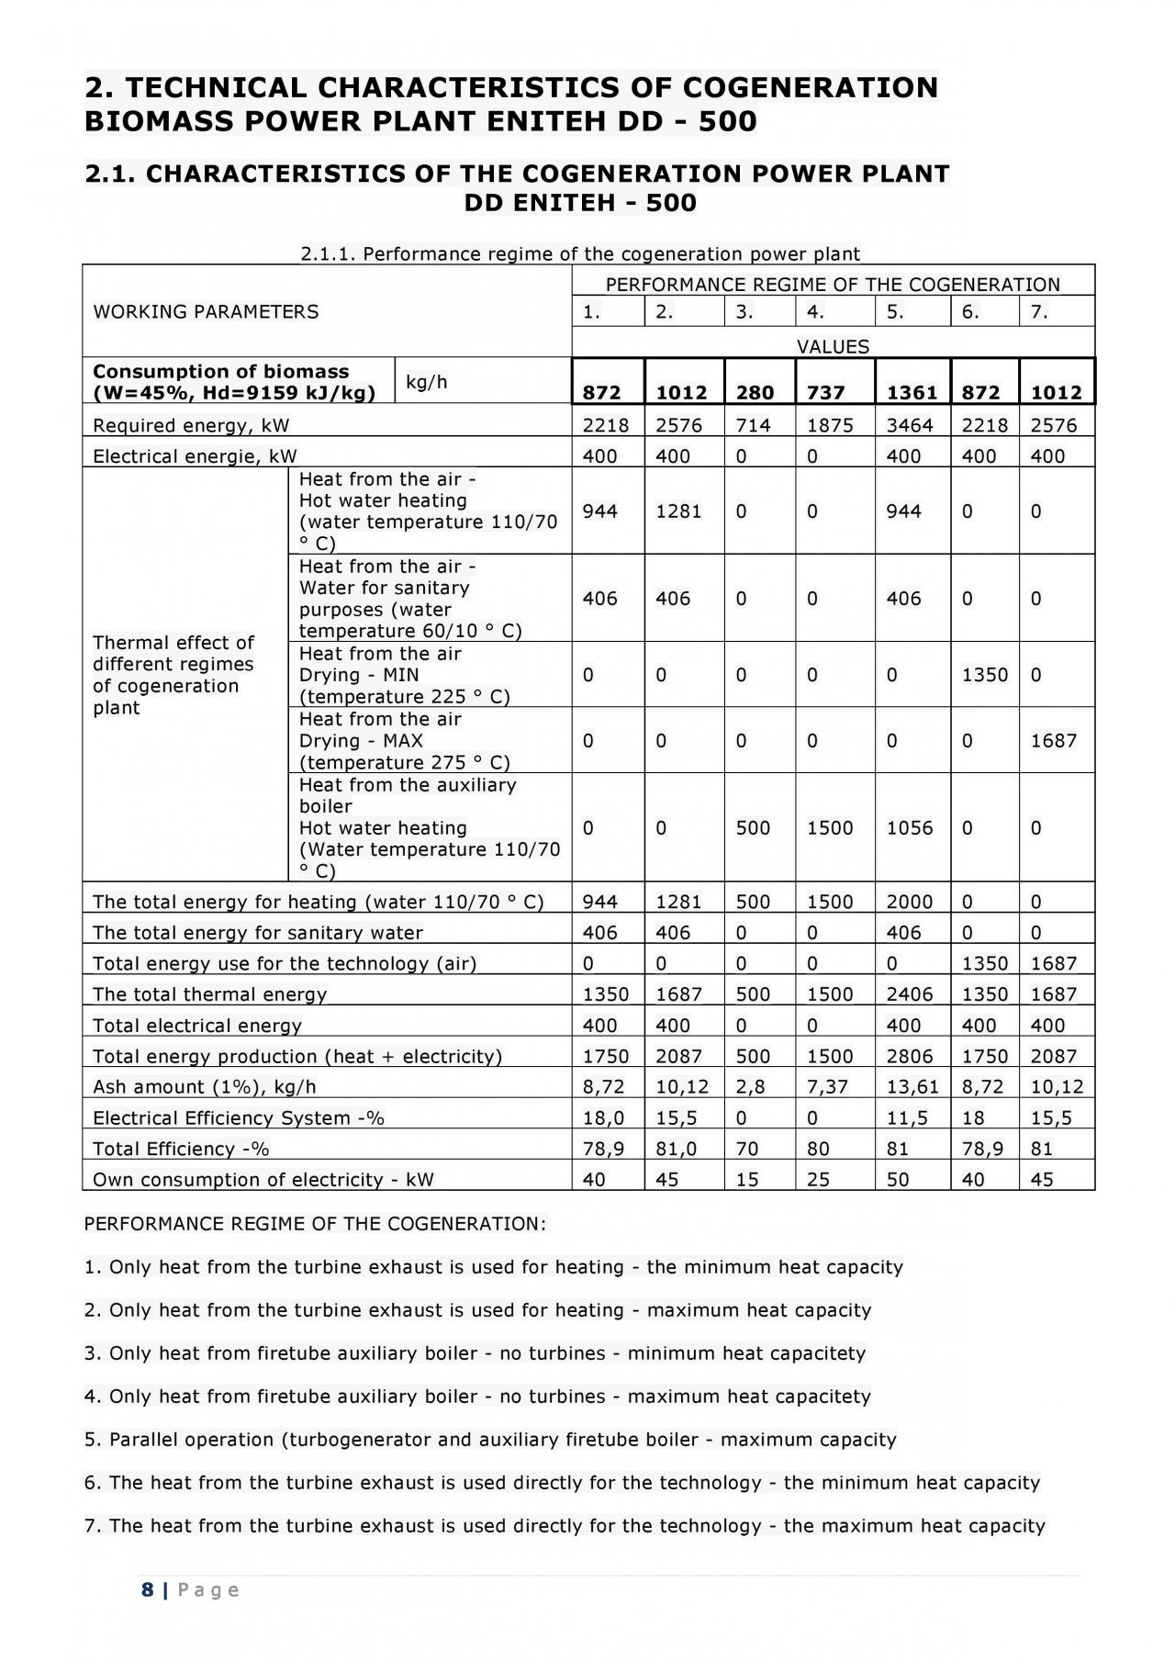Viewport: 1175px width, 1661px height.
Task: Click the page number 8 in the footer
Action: pyautogui.click(x=148, y=1589)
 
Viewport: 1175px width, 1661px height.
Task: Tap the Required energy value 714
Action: pyautogui.click(x=753, y=425)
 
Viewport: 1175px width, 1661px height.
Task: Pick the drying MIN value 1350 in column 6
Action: pyautogui.click(x=984, y=675)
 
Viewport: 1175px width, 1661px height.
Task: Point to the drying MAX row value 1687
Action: pyautogui.click(x=1054, y=740)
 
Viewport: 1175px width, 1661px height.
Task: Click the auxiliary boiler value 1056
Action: pyautogui.click(x=910, y=827)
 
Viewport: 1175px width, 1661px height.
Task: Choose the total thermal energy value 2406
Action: pyautogui.click(x=910, y=994)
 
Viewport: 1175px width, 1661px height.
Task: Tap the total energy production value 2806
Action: pyautogui.click(x=910, y=1056)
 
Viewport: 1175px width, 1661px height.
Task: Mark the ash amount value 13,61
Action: pyautogui.click(x=912, y=1087)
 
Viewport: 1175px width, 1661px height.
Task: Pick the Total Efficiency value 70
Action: pyautogui.click(x=747, y=1149)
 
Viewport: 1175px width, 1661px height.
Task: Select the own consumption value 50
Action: pyautogui.click(x=898, y=1180)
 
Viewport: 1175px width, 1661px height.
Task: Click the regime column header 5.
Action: pyautogui.click(x=895, y=312)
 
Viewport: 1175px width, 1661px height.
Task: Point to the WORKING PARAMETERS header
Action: pyautogui.click(x=206, y=312)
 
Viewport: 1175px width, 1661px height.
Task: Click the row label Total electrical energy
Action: pyautogui.click(x=197, y=1026)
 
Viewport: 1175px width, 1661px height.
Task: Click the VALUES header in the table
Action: pyautogui.click(x=833, y=347)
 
